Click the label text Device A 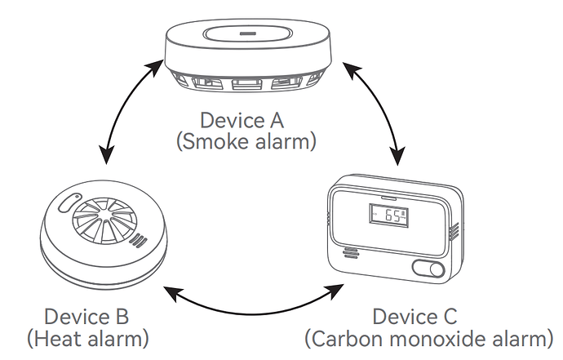(x=242, y=120)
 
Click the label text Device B (x=86, y=316)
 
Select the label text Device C (x=415, y=316)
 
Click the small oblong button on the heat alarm (x=68, y=201)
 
